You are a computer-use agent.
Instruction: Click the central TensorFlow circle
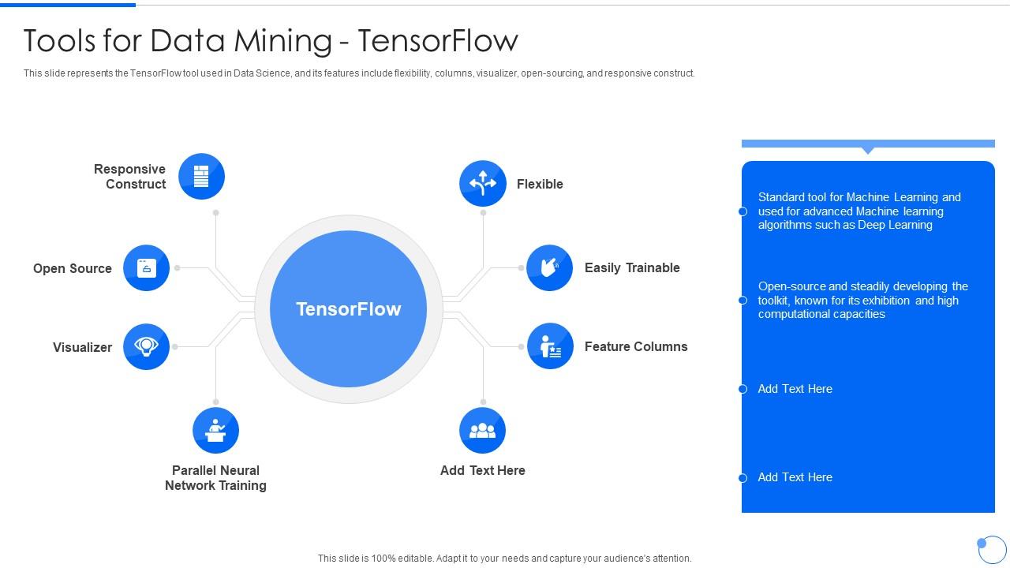pos(348,309)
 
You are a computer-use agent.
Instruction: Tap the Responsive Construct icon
pos(201,176)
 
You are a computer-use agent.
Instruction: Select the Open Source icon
pos(147,268)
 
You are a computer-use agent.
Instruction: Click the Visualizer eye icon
pos(147,346)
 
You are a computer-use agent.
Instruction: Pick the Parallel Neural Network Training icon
pos(215,431)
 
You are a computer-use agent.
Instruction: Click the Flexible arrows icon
pos(483,184)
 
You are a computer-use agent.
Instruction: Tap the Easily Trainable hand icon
pos(550,268)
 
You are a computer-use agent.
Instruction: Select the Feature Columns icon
pos(550,346)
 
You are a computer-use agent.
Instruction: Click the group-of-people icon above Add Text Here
pos(483,431)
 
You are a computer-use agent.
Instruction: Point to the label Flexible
pos(540,184)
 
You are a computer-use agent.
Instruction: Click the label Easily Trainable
pos(632,268)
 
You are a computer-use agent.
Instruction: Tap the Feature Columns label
pos(636,346)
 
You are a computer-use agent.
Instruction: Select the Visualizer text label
pos(82,347)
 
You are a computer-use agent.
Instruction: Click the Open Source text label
pos(73,268)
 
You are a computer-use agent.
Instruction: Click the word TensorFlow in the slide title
pos(438,40)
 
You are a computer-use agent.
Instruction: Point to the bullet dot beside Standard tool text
pos(743,211)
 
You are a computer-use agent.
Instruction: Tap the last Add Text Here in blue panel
pos(795,477)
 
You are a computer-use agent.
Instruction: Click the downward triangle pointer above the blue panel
pos(868,150)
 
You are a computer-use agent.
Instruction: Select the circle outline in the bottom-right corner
pos(993,549)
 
